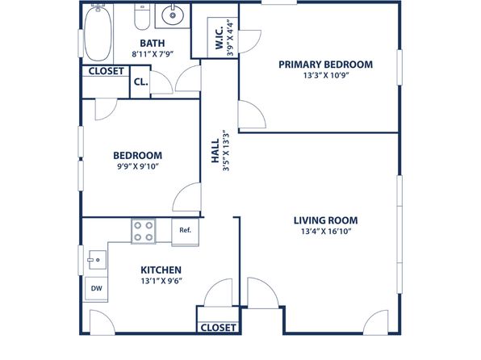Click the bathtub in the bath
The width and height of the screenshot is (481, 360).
[98, 33]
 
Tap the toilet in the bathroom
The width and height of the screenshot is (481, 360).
[142, 17]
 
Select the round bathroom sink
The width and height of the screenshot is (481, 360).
[173, 15]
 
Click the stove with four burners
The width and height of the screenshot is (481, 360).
[144, 231]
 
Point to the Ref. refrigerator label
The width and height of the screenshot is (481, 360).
[186, 230]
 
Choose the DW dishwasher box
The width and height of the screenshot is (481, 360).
[96, 288]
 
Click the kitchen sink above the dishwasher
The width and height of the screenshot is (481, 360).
[97, 260]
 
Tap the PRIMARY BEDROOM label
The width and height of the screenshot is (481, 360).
[326, 65]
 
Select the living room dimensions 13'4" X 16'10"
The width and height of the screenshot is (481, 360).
[326, 231]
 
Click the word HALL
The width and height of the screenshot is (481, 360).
[215, 151]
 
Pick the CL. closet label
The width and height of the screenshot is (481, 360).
[140, 82]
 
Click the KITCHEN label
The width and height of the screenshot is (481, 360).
[161, 270]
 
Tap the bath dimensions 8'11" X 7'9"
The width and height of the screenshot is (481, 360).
[153, 54]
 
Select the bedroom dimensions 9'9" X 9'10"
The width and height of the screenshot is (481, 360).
[138, 166]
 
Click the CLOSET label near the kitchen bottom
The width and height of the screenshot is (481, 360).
[218, 328]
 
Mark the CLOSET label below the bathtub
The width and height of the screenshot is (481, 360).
[107, 71]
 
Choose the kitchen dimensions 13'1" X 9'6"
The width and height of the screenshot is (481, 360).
[161, 281]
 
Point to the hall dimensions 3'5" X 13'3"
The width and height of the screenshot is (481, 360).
[226, 151]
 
